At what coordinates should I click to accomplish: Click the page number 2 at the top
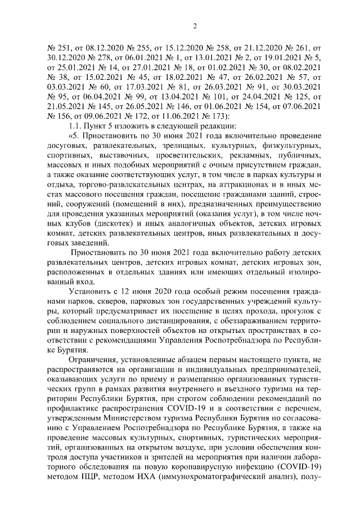coord(193,25)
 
